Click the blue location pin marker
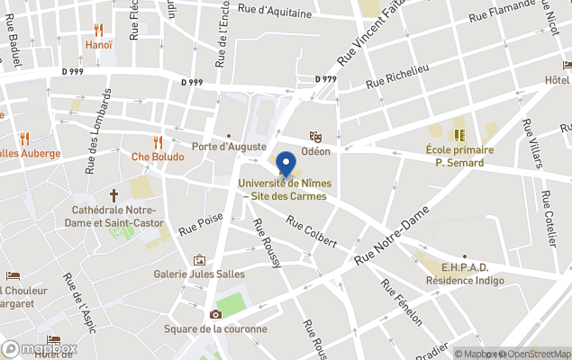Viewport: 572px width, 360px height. coord(286,164)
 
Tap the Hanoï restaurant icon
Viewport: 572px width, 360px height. coord(99,30)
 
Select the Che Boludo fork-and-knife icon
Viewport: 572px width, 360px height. coord(158,142)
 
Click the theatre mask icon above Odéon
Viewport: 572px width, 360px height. coord(315,136)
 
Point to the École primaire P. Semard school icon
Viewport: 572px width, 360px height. coord(459,136)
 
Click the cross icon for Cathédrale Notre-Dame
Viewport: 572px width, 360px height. coord(114,194)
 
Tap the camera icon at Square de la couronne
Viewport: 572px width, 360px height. coord(215,314)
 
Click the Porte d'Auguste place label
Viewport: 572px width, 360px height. coord(230,146)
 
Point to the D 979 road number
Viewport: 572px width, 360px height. coord(326,79)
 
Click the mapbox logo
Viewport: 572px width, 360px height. coord(40,348)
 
